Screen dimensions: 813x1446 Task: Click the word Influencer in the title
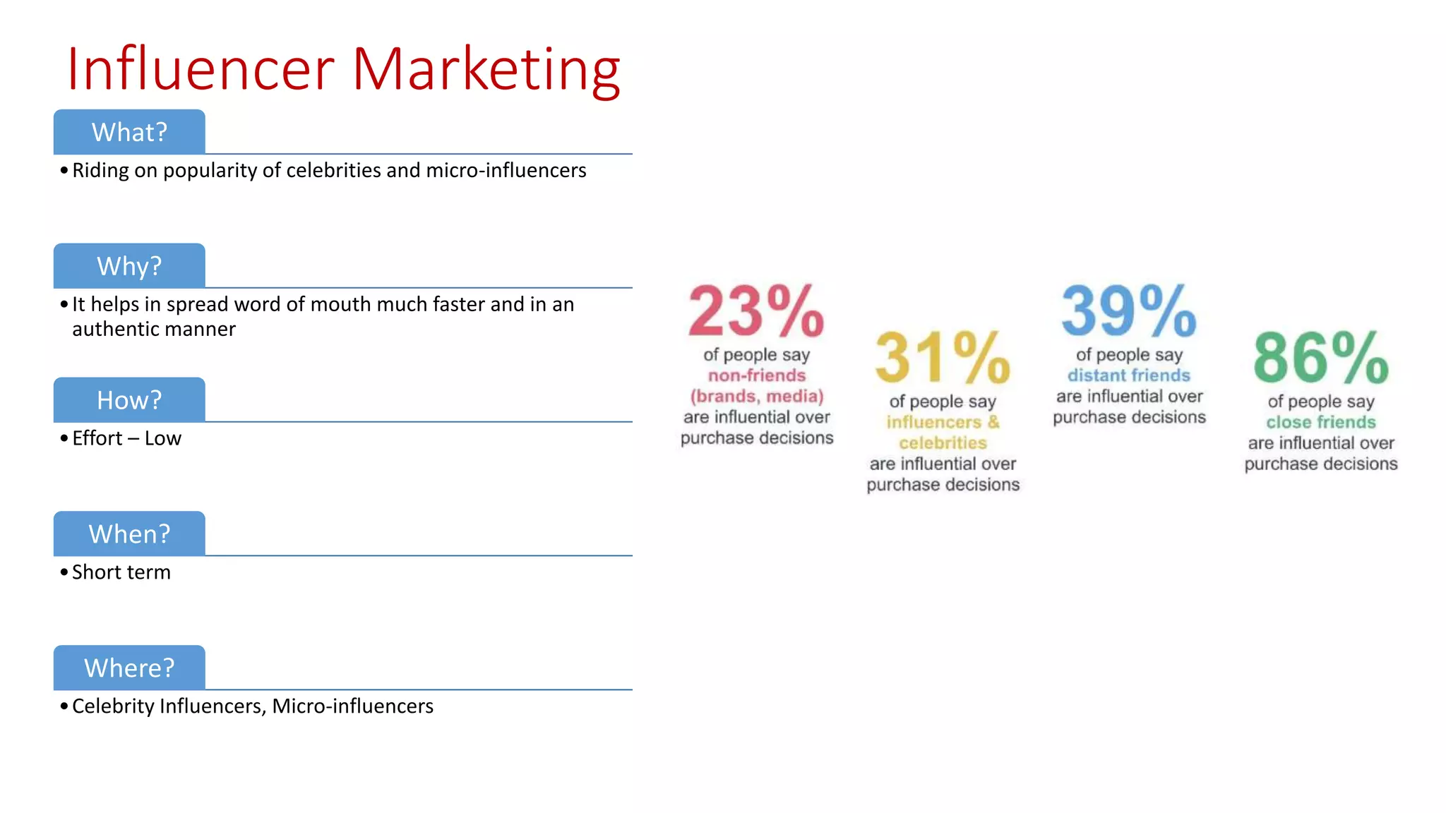[201, 69]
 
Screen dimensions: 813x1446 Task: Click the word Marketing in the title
[486, 71]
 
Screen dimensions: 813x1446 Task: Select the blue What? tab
[129, 132]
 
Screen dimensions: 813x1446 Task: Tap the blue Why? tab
[129, 266]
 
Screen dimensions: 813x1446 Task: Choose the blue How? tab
[129, 400]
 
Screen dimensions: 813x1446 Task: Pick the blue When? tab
[129, 534]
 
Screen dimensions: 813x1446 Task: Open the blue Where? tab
[129, 668]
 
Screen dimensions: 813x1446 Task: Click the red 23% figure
[756, 311]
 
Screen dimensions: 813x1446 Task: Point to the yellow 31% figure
[943, 358]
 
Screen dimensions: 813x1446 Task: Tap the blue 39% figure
[1129, 311]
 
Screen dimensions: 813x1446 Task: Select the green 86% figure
[1321, 358]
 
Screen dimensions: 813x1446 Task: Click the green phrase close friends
[1321, 422]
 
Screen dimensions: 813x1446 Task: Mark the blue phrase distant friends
[1129, 375]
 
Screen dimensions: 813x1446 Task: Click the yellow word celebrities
[943, 443]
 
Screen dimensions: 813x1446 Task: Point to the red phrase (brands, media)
[757, 396]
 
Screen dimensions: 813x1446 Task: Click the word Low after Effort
[163, 438]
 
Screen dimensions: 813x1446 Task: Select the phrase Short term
[121, 572]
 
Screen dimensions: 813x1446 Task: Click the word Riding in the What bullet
[100, 171]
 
